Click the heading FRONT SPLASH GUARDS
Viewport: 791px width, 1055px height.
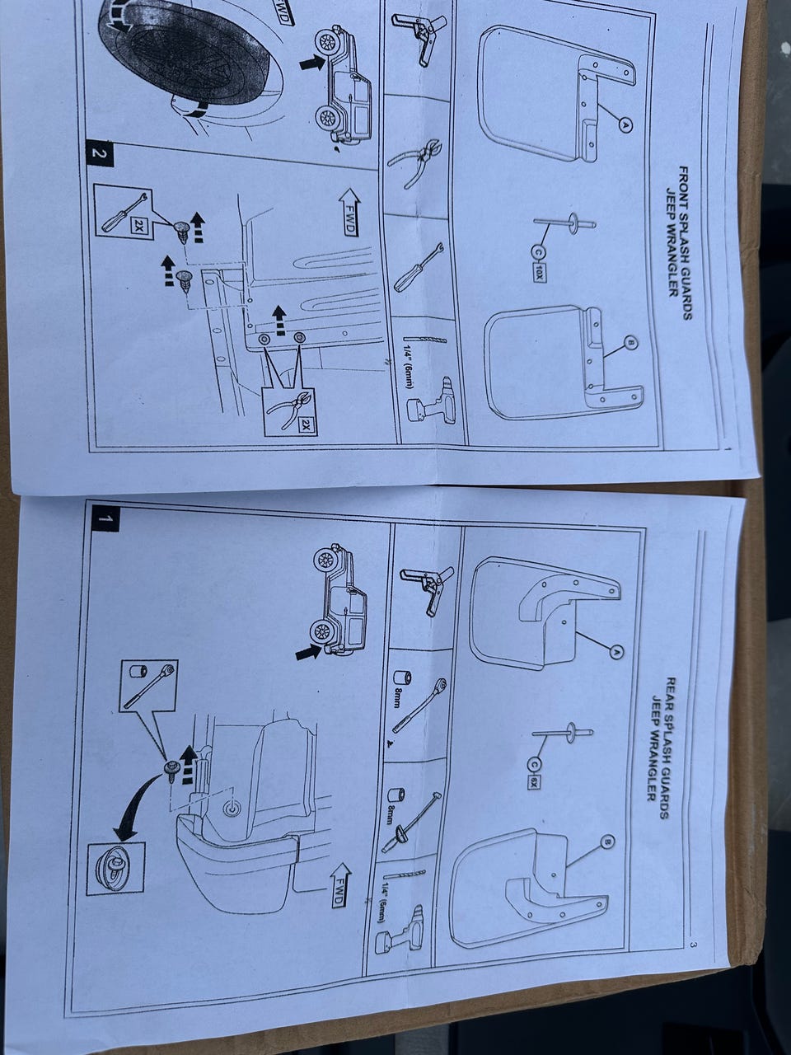pyautogui.click(x=686, y=244)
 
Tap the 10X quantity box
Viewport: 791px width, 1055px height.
pyautogui.click(x=538, y=273)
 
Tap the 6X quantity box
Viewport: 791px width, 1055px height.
pyautogui.click(x=532, y=782)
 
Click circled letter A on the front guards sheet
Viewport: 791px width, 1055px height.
pyautogui.click(x=625, y=125)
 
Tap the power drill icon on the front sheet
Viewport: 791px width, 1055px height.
pyautogui.click(x=429, y=401)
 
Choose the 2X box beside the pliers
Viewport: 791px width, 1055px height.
pyautogui.click(x=305, y=424)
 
